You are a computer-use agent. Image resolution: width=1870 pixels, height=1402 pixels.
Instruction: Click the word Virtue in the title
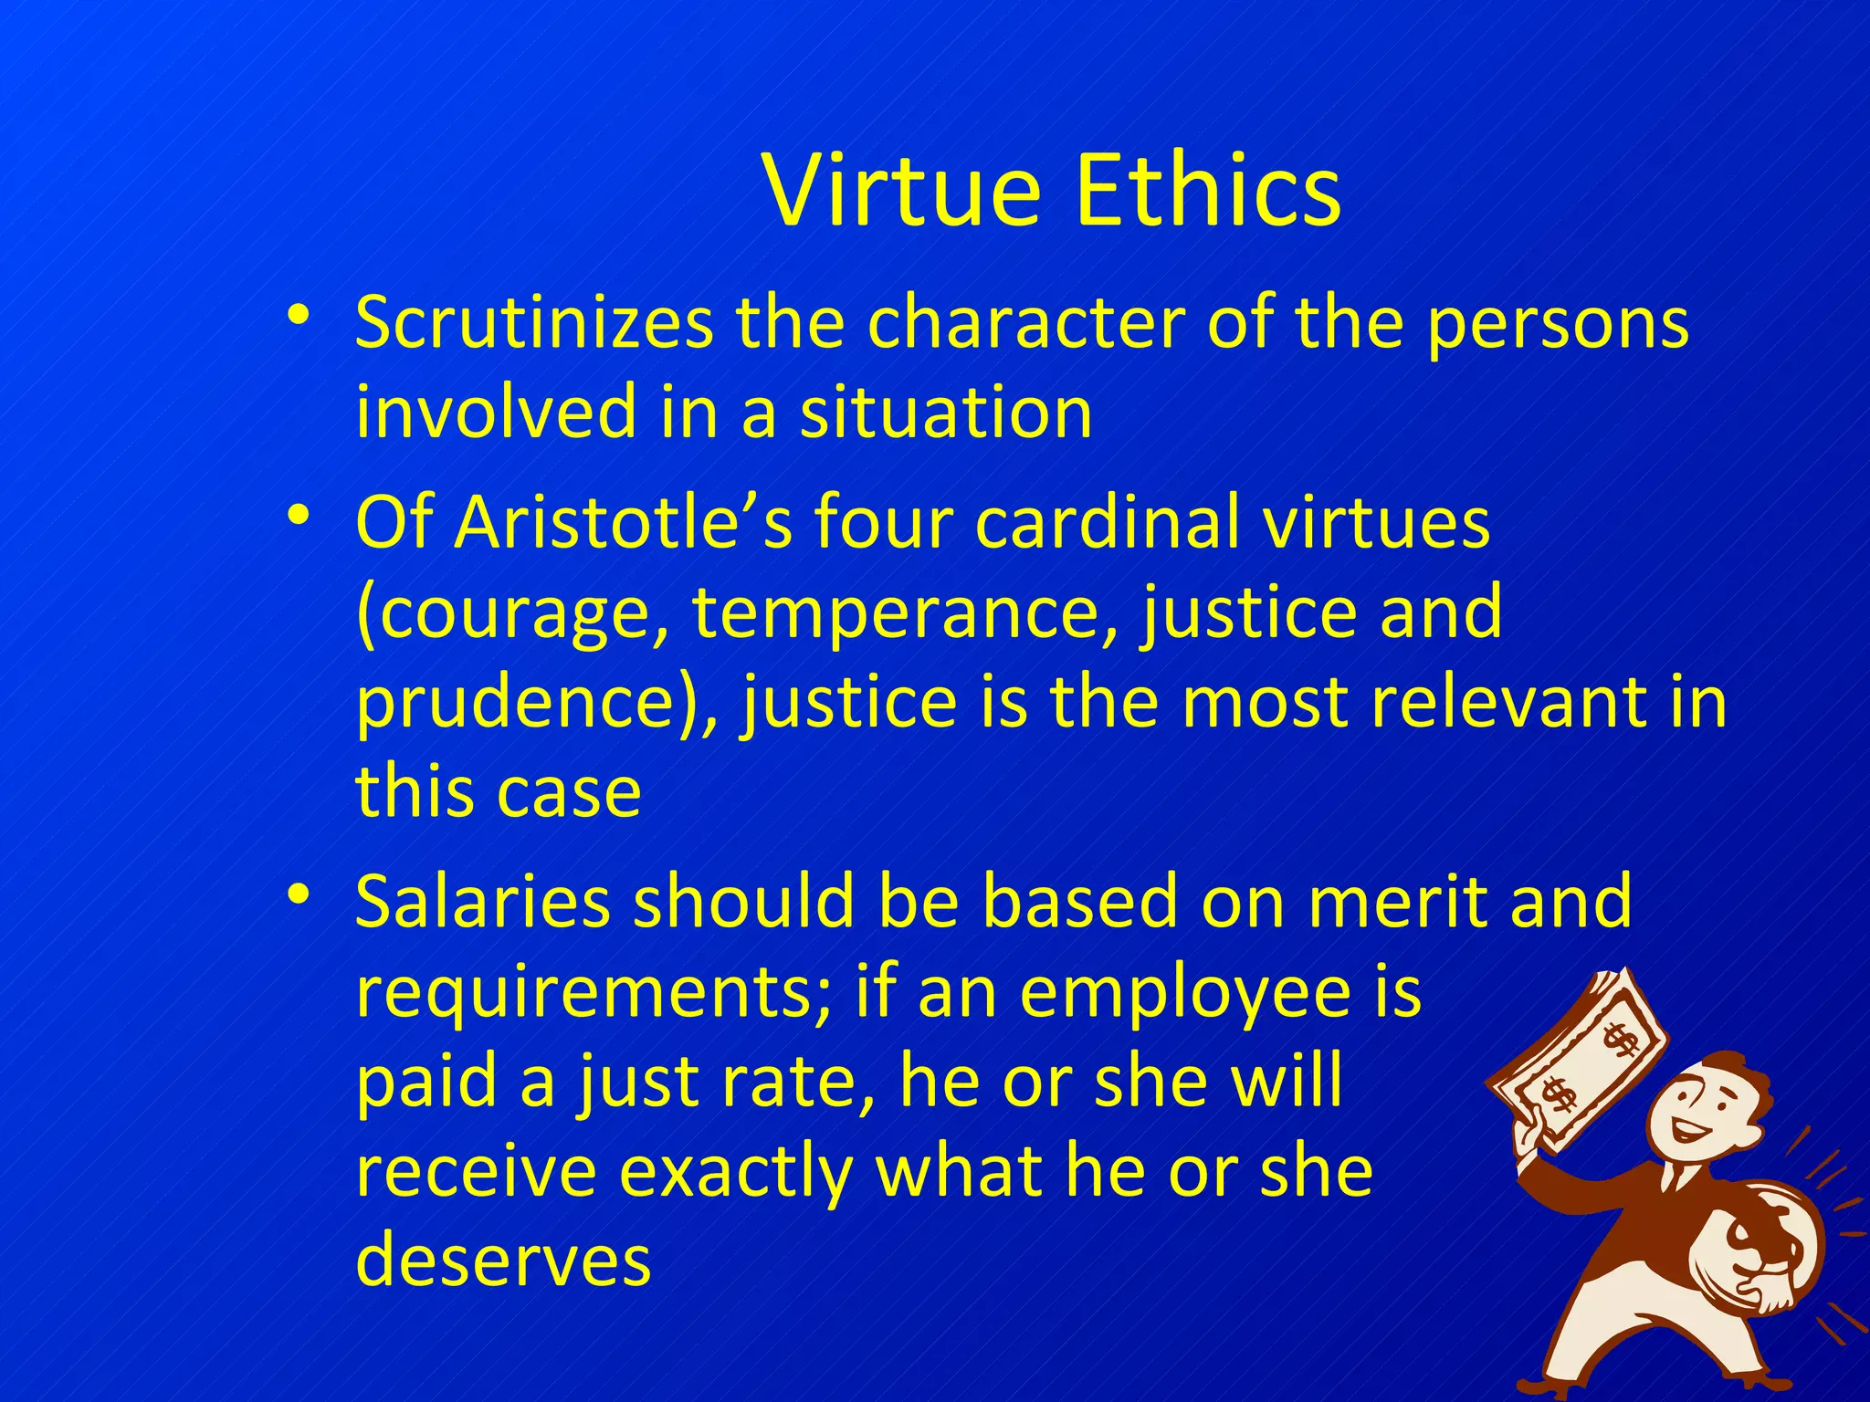[901, 192]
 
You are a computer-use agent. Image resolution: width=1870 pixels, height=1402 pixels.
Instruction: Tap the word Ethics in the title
[1207, 192]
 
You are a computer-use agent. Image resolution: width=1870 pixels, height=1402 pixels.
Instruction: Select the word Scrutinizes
[534, 323]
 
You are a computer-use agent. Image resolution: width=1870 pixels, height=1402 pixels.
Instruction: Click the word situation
[946, 413]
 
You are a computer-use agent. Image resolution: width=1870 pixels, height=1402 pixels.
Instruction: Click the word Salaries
[482, 902]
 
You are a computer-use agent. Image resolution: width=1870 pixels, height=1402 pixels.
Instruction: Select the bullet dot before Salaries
[297, 894]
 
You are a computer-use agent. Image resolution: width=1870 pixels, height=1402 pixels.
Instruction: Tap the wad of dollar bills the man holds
[1580, 1059]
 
